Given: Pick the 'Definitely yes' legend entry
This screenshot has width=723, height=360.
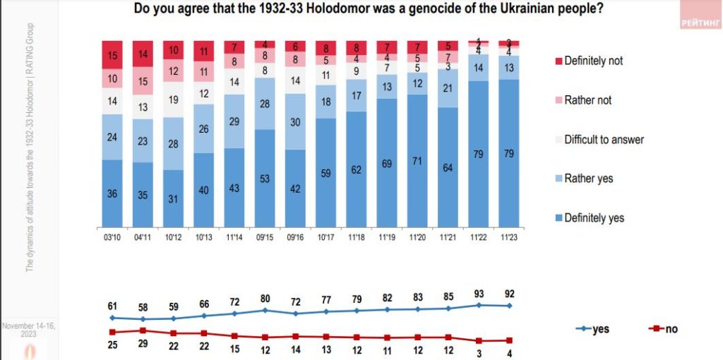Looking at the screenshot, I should tap(589, 218).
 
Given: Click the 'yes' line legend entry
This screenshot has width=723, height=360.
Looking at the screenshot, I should tap(597, 329).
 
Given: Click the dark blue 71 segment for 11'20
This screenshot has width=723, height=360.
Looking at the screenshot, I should tap(418, 162).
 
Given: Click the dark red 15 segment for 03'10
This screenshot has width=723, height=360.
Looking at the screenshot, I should tap(112, 54).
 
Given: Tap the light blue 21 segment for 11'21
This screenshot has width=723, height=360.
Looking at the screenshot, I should tap(448, 88).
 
